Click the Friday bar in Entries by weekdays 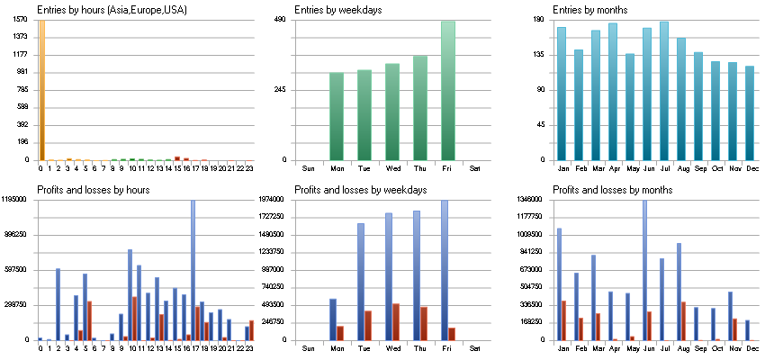pos(448,90)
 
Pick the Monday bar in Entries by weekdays pos(337,116)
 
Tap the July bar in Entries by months pos(664,90)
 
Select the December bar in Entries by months pos(749,112)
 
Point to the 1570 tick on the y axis pos(21,20)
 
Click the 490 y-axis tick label pos(279,20)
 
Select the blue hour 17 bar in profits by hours pos(193,270)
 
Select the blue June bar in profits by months pos(644,270)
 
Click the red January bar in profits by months pos(563,320)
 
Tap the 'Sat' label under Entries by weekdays pos(475,168)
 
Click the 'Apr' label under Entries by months pos(614,168)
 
